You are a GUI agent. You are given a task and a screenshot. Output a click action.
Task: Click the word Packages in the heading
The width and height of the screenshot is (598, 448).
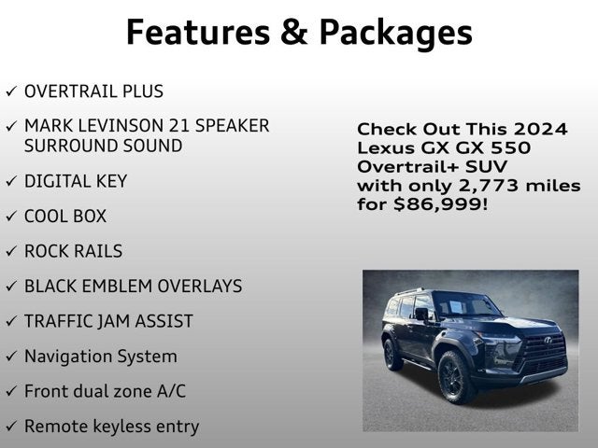coord(395,34)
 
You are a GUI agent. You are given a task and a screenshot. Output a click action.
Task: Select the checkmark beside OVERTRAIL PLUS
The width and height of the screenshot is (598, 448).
coord(11,91)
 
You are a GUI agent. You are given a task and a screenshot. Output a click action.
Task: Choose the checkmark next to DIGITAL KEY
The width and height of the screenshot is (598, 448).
coord(11,181)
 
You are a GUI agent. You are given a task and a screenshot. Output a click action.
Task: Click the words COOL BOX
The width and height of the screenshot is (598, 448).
coord(65,217)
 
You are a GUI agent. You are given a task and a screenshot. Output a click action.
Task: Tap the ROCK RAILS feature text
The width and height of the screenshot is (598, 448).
coord(73,251)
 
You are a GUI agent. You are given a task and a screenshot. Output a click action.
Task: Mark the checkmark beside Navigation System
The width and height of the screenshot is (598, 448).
coord(11,357)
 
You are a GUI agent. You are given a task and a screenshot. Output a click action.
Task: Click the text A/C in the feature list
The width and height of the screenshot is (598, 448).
coord(182,391)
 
